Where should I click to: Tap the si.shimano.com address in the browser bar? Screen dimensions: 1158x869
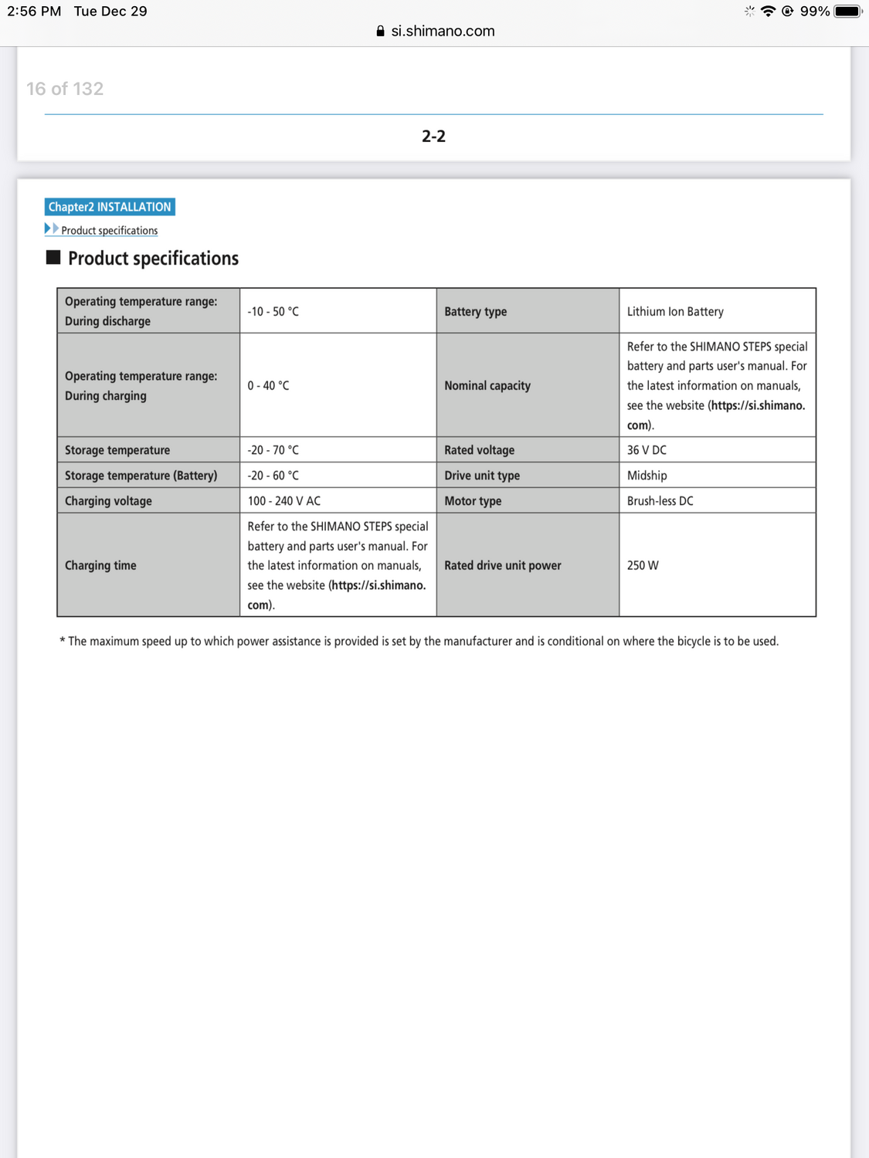[442, 31]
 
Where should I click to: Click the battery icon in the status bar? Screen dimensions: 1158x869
[847, 11]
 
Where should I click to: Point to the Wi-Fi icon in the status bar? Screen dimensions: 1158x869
[768, 11]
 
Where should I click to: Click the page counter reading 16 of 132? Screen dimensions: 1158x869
[65, 89]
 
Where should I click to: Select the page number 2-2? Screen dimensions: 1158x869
[433, 137]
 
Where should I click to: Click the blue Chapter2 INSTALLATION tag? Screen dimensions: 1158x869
[110, 207]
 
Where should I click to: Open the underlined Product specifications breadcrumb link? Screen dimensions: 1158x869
[109, 230]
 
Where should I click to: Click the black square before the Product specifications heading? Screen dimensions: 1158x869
[53, 257]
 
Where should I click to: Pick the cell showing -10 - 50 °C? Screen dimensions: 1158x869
[273, 311]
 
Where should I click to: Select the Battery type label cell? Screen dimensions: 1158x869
[476, 311]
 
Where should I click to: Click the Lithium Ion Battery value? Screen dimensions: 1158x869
[675, 311]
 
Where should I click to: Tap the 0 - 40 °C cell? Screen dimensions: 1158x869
[268, 385]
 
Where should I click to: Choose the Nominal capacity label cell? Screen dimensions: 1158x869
[487, 385]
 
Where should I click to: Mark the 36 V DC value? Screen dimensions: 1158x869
[647, 450]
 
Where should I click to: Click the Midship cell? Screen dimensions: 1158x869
[647, 476]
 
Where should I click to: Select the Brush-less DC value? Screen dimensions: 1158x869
[660, 501]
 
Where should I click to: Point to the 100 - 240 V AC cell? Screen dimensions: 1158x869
[283, 501]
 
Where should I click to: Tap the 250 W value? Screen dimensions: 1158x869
[643, 565]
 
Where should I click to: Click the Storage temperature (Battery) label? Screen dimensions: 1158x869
[141, 476]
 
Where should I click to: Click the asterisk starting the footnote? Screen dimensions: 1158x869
[62, 641]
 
